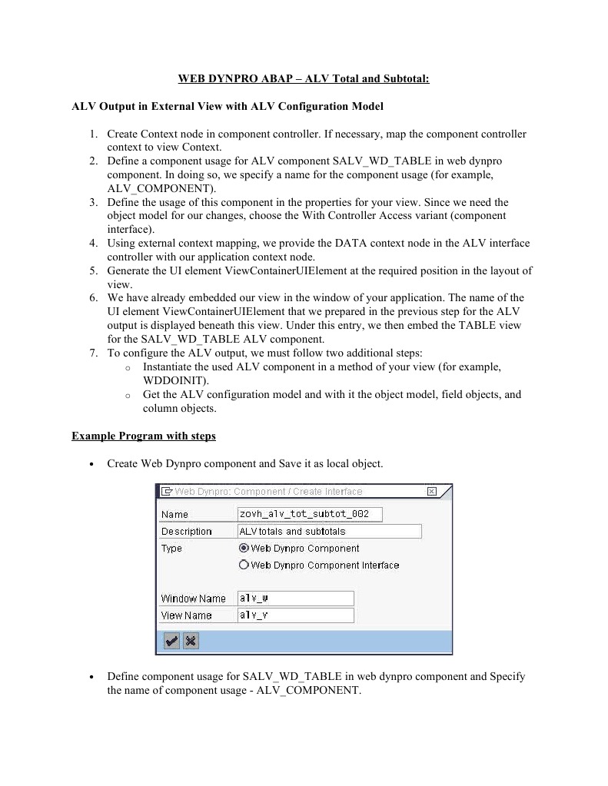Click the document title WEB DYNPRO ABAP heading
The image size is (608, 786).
tap(304, 78)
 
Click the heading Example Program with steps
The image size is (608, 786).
tap(144, 436)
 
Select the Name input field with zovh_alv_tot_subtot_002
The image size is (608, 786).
tap(310, 514)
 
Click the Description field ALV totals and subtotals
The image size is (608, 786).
tap(329, 532)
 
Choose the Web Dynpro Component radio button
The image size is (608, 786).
tap(244, 549)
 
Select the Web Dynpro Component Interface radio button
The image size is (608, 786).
tap(244, 565)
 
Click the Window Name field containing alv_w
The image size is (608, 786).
tap(295, 599)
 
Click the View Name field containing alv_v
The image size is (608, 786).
tap(295, 615)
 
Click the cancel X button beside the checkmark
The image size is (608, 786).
tap(191, 641)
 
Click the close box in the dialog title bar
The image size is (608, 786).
tap(431, 492)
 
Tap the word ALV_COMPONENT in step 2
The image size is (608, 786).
tap(161, 188)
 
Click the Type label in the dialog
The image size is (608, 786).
tap(171, 549)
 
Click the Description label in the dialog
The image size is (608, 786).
tap(186, 532)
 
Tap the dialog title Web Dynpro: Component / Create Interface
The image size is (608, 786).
tap(268, 492)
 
